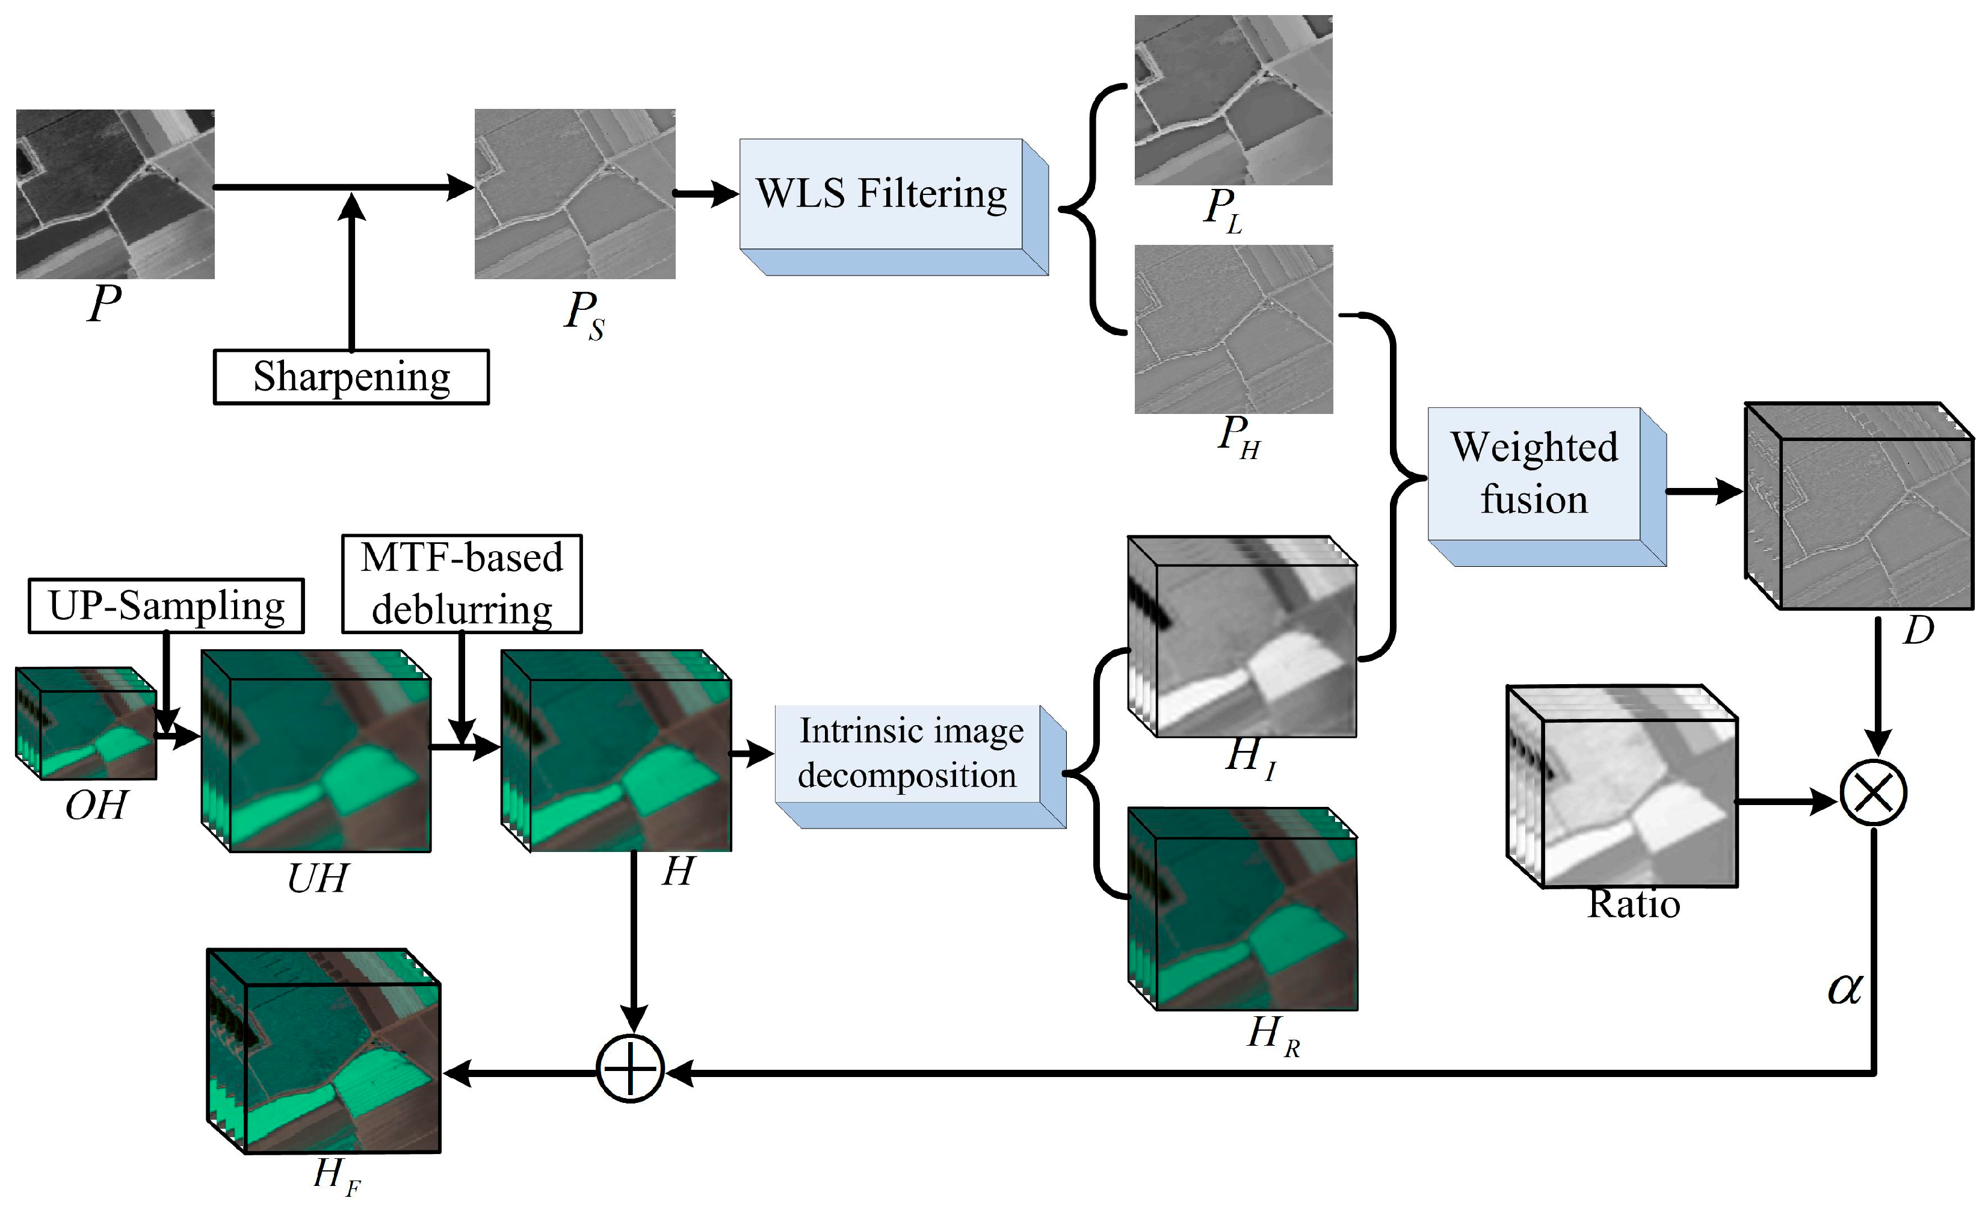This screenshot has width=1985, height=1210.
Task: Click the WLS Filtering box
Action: [x=881, y=194]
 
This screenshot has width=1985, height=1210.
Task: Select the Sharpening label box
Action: [x=351, y=376]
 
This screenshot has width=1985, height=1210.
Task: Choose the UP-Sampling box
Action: [x=166, y=606]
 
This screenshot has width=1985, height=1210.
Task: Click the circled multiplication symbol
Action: [x=1873, y=792]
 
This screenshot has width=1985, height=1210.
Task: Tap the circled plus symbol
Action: [x=630, y=1069]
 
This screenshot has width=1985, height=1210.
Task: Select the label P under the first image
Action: [x=104, y=304]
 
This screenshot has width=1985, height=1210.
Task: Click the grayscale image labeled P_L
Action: [x=1233, y=100]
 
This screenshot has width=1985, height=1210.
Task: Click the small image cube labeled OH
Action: [x=86, y=723]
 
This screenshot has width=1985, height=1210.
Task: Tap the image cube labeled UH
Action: [x=316, y=752]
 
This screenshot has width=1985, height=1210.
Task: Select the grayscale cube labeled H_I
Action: [x=1243, y=637]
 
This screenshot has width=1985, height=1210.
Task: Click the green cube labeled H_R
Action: [x=1243, y=909]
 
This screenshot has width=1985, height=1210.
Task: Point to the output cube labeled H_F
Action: [x=324, y=1051]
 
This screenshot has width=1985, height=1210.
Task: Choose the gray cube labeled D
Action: [x=1859, y=506]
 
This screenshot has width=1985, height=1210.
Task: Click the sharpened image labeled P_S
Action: [x=575, y=194]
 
